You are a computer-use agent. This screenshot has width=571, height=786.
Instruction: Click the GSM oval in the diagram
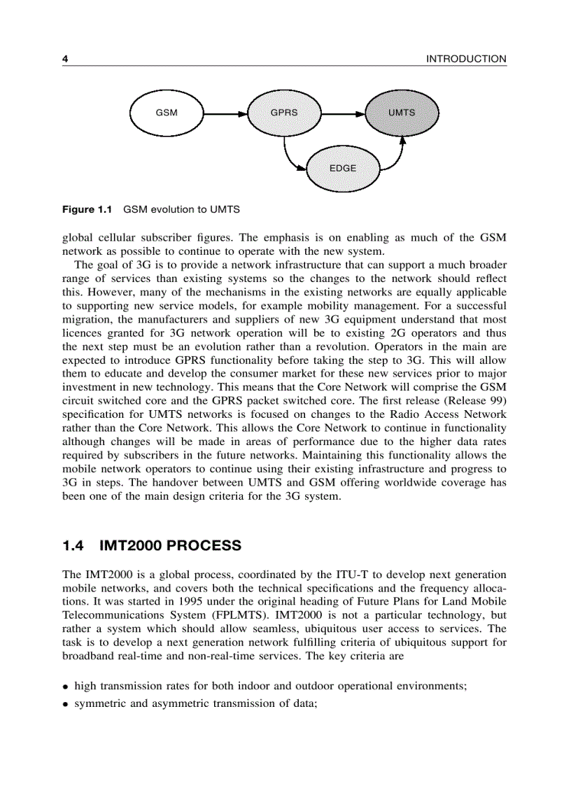pyautogui.click(x=166, y=112)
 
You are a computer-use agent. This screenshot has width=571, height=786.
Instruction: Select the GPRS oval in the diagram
pyautogui.click(x=284, y=112)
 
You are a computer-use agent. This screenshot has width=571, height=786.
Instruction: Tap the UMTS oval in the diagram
pyautogui.click(x=402, y=112)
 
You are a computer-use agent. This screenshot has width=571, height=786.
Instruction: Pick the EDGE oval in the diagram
pyautogui.click(x=343, y=168)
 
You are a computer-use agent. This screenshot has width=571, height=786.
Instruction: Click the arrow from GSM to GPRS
pyautogui.click(x=225, y=112)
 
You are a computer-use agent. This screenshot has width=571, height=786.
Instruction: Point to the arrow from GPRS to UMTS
pyautogui.click(x=343, y=112)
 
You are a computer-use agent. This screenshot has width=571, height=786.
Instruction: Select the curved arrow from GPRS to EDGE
pyautogui.click(x=290, y=157)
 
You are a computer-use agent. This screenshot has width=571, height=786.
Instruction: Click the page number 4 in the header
pyautogui.click(x=65, y=59)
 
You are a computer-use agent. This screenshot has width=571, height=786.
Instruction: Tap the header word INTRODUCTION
pyautogui.click(x=466, y=59)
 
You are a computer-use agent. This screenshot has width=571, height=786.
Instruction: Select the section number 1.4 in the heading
pyautogui.click(x=74, y=545)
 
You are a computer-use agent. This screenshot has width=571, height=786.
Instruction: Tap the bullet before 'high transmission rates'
pyautogui.click(x=65, y=687)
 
